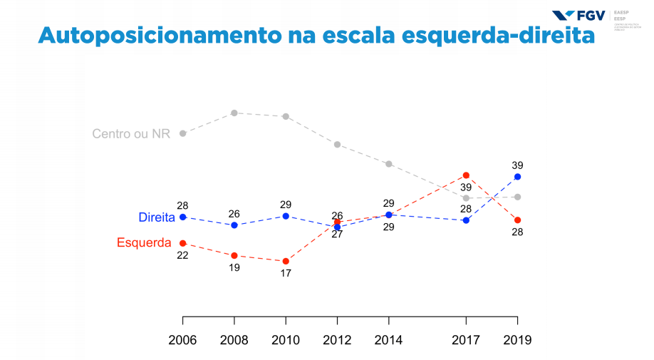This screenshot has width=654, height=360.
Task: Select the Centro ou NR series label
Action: point(131,133)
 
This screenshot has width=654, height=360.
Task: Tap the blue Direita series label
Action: point(157,217)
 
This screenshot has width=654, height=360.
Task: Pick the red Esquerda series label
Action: point(144,242)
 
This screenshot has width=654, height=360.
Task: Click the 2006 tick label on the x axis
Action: point(182,340)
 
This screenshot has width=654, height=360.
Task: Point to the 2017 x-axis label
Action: point(466,340)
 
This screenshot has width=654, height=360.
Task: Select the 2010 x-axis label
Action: point(286,340)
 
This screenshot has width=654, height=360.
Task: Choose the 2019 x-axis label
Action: point(517,340)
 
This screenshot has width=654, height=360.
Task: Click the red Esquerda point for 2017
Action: point(466,175)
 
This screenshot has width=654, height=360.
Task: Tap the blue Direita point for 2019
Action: point(517,177)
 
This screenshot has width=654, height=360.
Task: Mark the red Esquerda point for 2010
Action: point(286,261)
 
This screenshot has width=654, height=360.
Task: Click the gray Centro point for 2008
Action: point(234,113)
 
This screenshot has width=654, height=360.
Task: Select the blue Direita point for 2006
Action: point(182,217)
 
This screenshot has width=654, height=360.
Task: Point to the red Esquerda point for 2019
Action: point(517,220)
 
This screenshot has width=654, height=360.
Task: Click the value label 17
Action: point(286,273)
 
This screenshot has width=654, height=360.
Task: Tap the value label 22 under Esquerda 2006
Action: point(182,255)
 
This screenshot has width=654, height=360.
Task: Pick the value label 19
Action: point(234,268)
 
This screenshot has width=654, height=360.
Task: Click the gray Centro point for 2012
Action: point(337,144)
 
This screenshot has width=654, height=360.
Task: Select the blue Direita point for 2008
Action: point(234,225)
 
